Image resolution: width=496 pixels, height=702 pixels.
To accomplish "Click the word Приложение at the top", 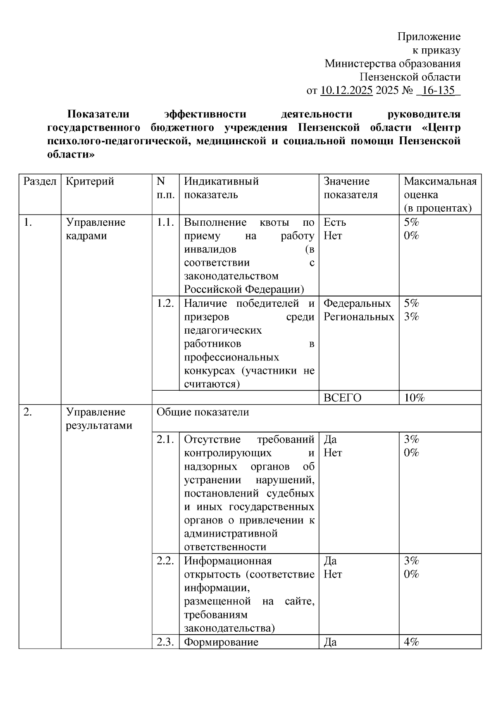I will point(429,37).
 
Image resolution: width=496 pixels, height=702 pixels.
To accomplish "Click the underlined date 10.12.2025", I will point(346,90).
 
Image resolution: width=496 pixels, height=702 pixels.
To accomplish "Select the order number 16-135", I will point(438,90).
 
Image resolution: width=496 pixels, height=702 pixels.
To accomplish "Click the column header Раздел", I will point(40,181).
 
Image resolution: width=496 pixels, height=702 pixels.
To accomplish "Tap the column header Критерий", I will point(90,181).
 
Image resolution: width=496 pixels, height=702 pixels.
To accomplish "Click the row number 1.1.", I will point(165,222).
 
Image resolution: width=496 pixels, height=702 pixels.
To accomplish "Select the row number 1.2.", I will point(165,303).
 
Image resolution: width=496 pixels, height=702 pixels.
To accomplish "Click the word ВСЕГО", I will point(342,398).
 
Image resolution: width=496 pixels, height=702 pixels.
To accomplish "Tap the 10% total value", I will point(414,398).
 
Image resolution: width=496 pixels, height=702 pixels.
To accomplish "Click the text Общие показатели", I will point(203,412).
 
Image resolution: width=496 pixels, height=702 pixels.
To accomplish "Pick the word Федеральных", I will point(357,303).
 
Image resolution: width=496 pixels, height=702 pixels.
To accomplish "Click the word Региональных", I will point(358,317).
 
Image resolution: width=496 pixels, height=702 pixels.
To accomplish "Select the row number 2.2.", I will point(165,561).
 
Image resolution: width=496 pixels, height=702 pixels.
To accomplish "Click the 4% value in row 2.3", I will point(411,642).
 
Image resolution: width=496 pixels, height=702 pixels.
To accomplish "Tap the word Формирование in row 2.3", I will point(221,642).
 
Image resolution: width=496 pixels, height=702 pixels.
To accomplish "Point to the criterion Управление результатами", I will point(99,418).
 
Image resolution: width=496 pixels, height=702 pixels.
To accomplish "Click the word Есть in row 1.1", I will point(334,222).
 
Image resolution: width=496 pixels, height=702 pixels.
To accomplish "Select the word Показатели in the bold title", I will point(98,114).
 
